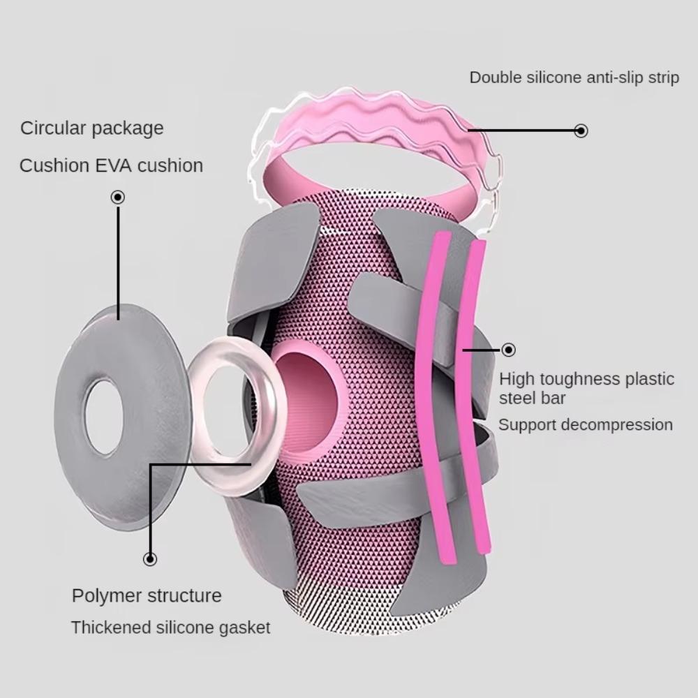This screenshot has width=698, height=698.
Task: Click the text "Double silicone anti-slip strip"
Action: coord(574,77)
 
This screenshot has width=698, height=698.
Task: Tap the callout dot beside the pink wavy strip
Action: coord(581,131)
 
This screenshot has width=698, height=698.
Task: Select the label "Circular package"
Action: coord(91,128)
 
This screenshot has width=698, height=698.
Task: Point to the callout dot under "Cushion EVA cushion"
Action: coord(118,198)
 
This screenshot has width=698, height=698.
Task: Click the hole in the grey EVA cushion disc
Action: coord(104,407)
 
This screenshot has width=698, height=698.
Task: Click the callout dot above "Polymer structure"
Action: coord(150,558)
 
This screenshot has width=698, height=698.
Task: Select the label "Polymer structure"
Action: coord(147,596)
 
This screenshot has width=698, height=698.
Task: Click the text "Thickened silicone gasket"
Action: coord(170,628)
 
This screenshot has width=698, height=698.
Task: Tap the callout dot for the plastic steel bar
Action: coord(508,350)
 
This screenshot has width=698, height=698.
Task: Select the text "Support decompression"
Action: coord(585,425)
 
